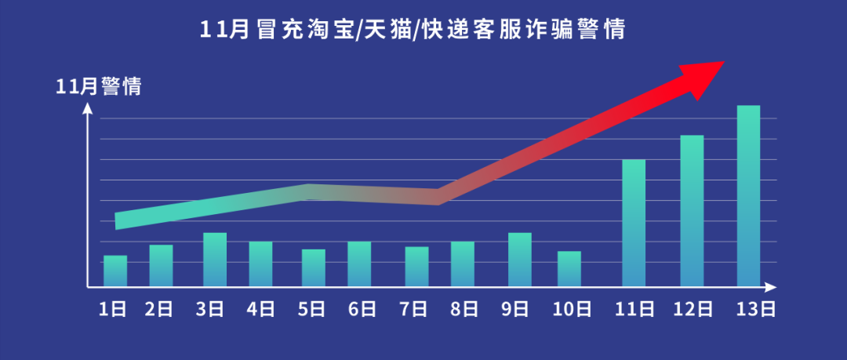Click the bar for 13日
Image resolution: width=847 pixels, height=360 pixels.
(x=748, y=196)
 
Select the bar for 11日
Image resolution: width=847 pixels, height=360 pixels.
(x=634, y=223)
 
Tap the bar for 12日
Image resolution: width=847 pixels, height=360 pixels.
(x=692, y=211)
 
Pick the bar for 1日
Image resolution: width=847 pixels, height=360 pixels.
(x=115, y=271)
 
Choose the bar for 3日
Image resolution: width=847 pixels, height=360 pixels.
(x=215, y=260)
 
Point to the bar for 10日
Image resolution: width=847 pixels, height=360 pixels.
(x=569, y=269)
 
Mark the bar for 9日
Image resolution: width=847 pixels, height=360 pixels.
(x=519, y=260)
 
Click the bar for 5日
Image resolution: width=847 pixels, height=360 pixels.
(x=314, y=268)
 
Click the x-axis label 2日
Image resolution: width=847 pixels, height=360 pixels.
(x=159, y=309)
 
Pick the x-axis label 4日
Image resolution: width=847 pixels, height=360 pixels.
(x=260, y=309)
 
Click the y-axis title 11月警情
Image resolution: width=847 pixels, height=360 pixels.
(x=99, y=87)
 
